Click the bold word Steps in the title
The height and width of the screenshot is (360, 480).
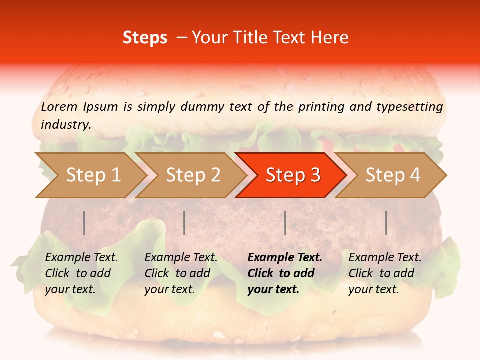pos(145,38)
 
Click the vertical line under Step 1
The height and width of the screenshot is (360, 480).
pos(84,223)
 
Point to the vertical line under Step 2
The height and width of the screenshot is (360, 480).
pos(184,223)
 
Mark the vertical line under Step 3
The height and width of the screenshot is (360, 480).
pos(285,223)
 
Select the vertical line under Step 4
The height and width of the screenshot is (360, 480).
pos(386,223)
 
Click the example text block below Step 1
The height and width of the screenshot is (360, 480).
pos(81,273)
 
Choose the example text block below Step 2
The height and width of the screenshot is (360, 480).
pos(181,273)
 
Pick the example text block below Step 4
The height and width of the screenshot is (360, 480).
pos(385,273)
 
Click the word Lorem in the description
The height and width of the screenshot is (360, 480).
pos(59,106)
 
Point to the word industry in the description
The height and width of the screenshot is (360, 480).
pos(66,125)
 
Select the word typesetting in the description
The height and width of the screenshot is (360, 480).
pos(409,106)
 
